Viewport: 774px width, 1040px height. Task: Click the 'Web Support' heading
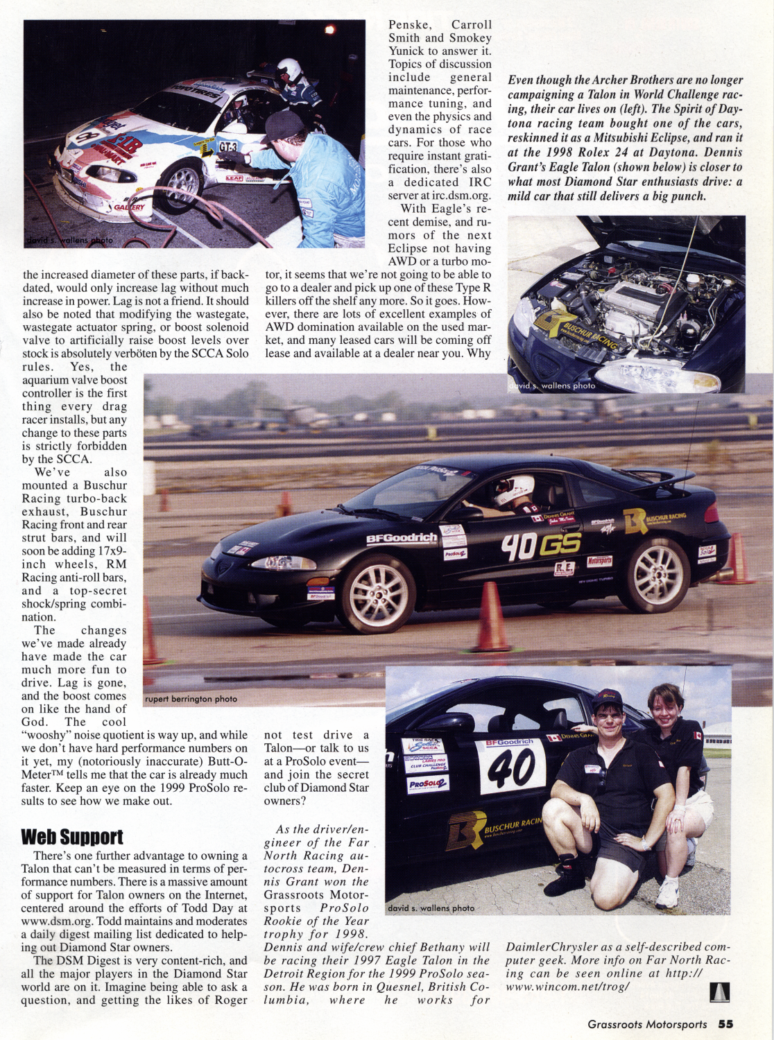(72, 837)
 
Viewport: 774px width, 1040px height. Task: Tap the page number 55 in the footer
(725, 1024)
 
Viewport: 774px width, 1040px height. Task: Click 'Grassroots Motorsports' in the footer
(647, 1024)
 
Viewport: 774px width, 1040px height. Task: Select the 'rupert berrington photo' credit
(191, 699)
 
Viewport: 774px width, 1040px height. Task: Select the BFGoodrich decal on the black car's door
(402, 539)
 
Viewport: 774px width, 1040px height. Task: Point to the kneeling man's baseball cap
(608, 697)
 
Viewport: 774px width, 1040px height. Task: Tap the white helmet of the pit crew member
(289, 70)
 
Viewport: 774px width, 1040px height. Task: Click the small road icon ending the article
(719, 993)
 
